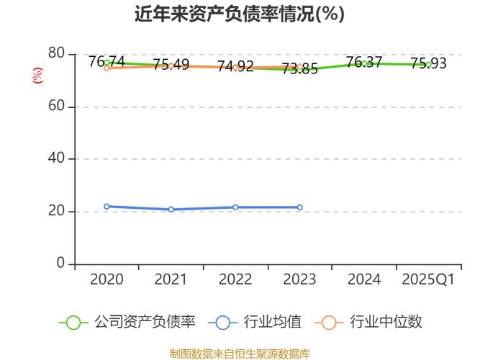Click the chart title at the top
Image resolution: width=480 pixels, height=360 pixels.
(240, 14)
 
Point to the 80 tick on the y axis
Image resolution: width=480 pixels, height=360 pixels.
(57, 54)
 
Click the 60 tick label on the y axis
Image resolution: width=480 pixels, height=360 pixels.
(57, 107)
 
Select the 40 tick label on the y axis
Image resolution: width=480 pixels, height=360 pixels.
(57, 159)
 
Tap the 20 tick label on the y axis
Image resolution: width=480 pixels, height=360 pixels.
(57, 212)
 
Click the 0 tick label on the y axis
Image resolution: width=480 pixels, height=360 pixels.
(60, 264)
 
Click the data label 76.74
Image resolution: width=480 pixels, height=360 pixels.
(107, 62)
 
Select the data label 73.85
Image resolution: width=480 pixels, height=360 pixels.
(299, 69)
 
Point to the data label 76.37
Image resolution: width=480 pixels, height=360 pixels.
(363, 63)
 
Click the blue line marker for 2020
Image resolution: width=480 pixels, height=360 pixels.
(107, 207)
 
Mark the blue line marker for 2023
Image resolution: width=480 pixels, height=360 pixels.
(299, 207)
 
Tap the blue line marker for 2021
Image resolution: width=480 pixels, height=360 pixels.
(171, 210)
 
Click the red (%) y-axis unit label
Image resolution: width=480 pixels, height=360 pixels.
(38, 75)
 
